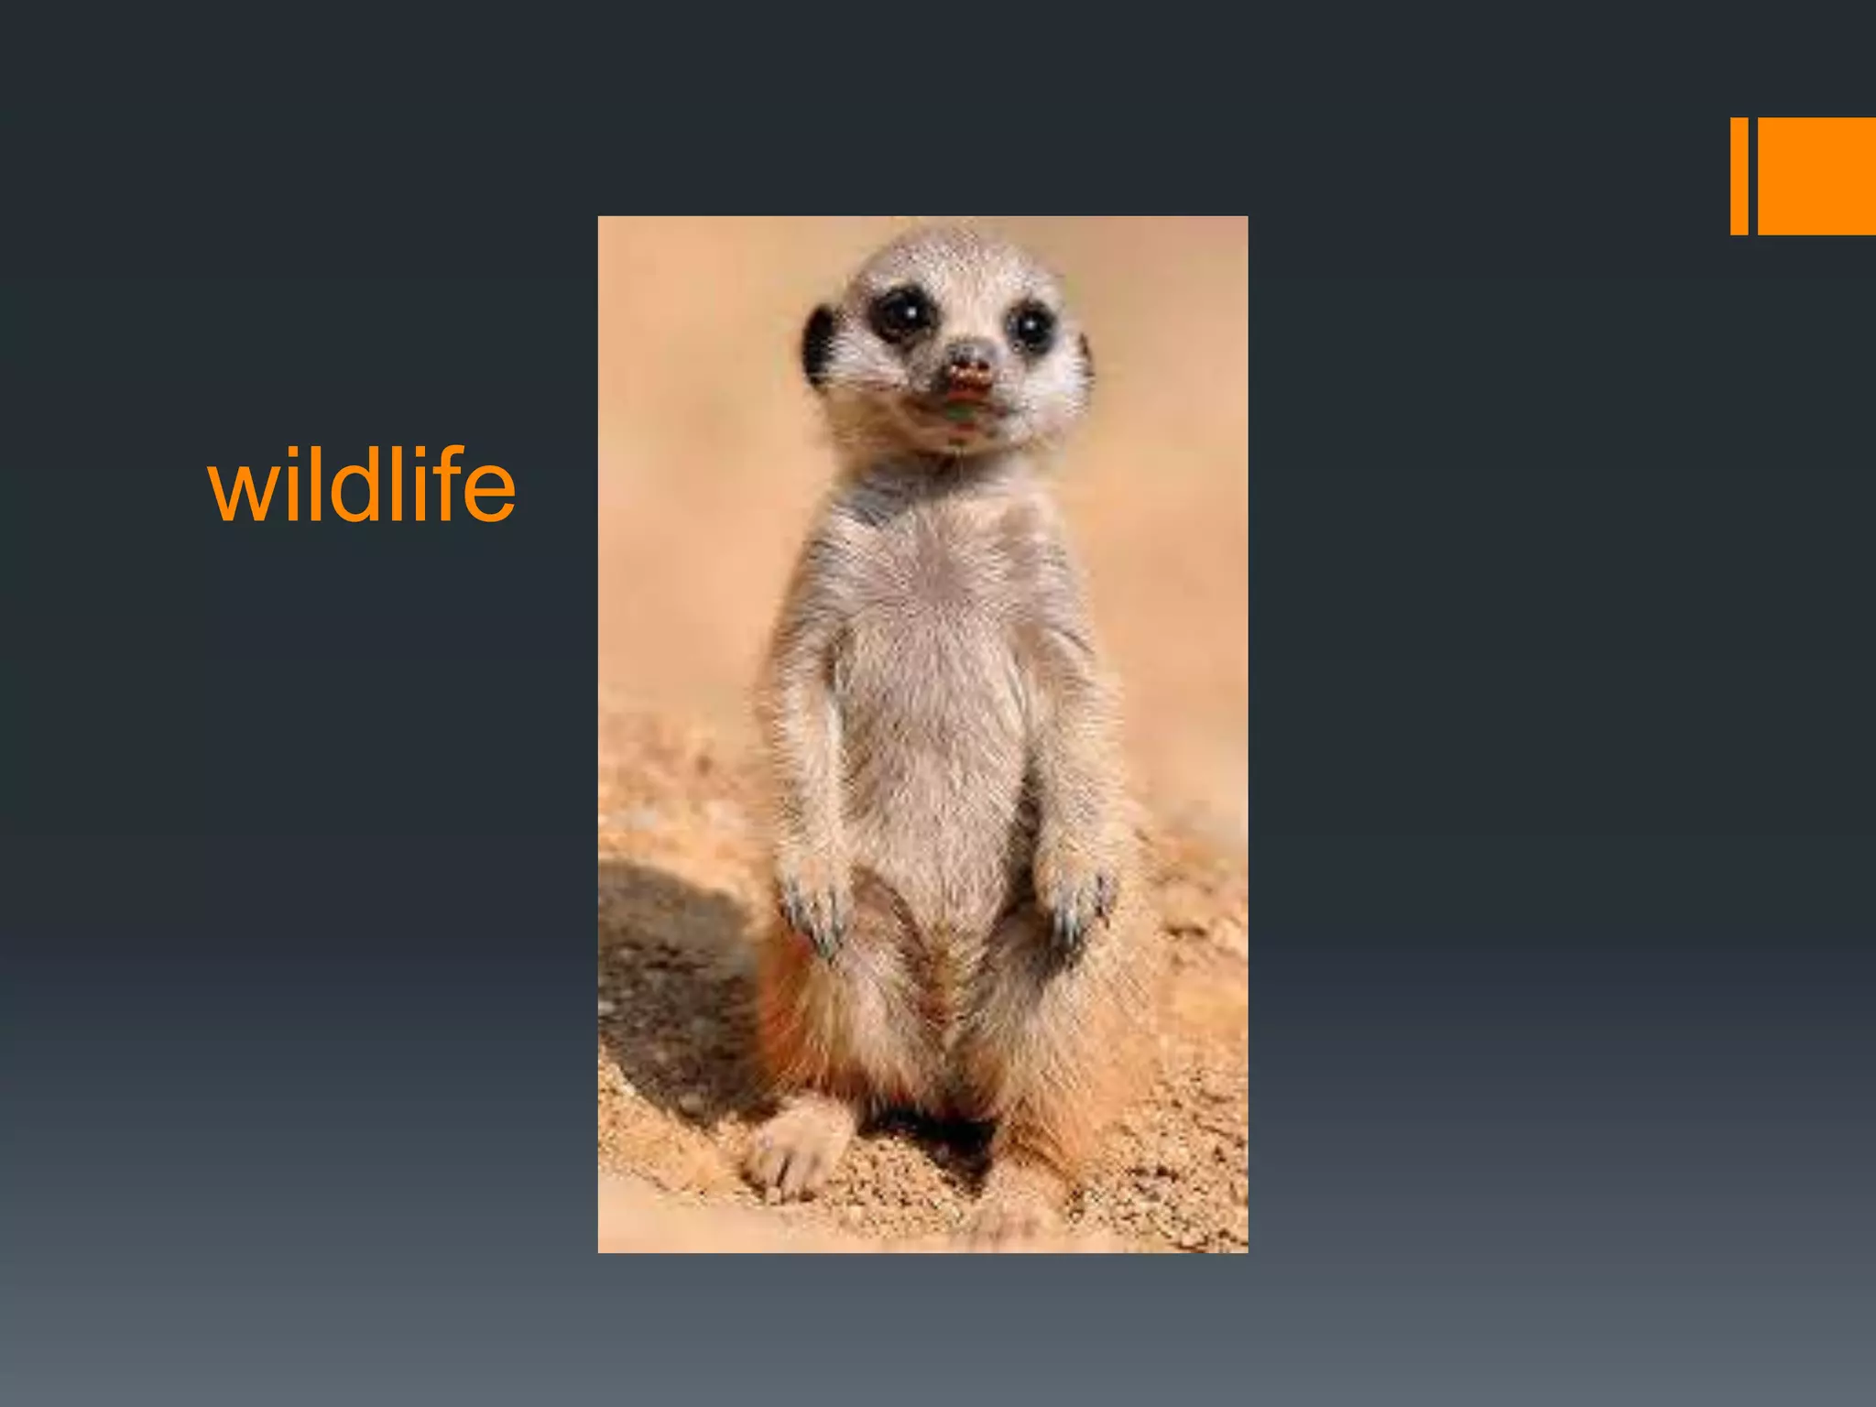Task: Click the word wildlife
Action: (362, 485)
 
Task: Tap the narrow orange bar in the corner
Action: (1738, 176)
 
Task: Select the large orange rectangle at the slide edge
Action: (1816, 176)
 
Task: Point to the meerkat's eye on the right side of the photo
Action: (1031, 325)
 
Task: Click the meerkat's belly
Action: (934, 733)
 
